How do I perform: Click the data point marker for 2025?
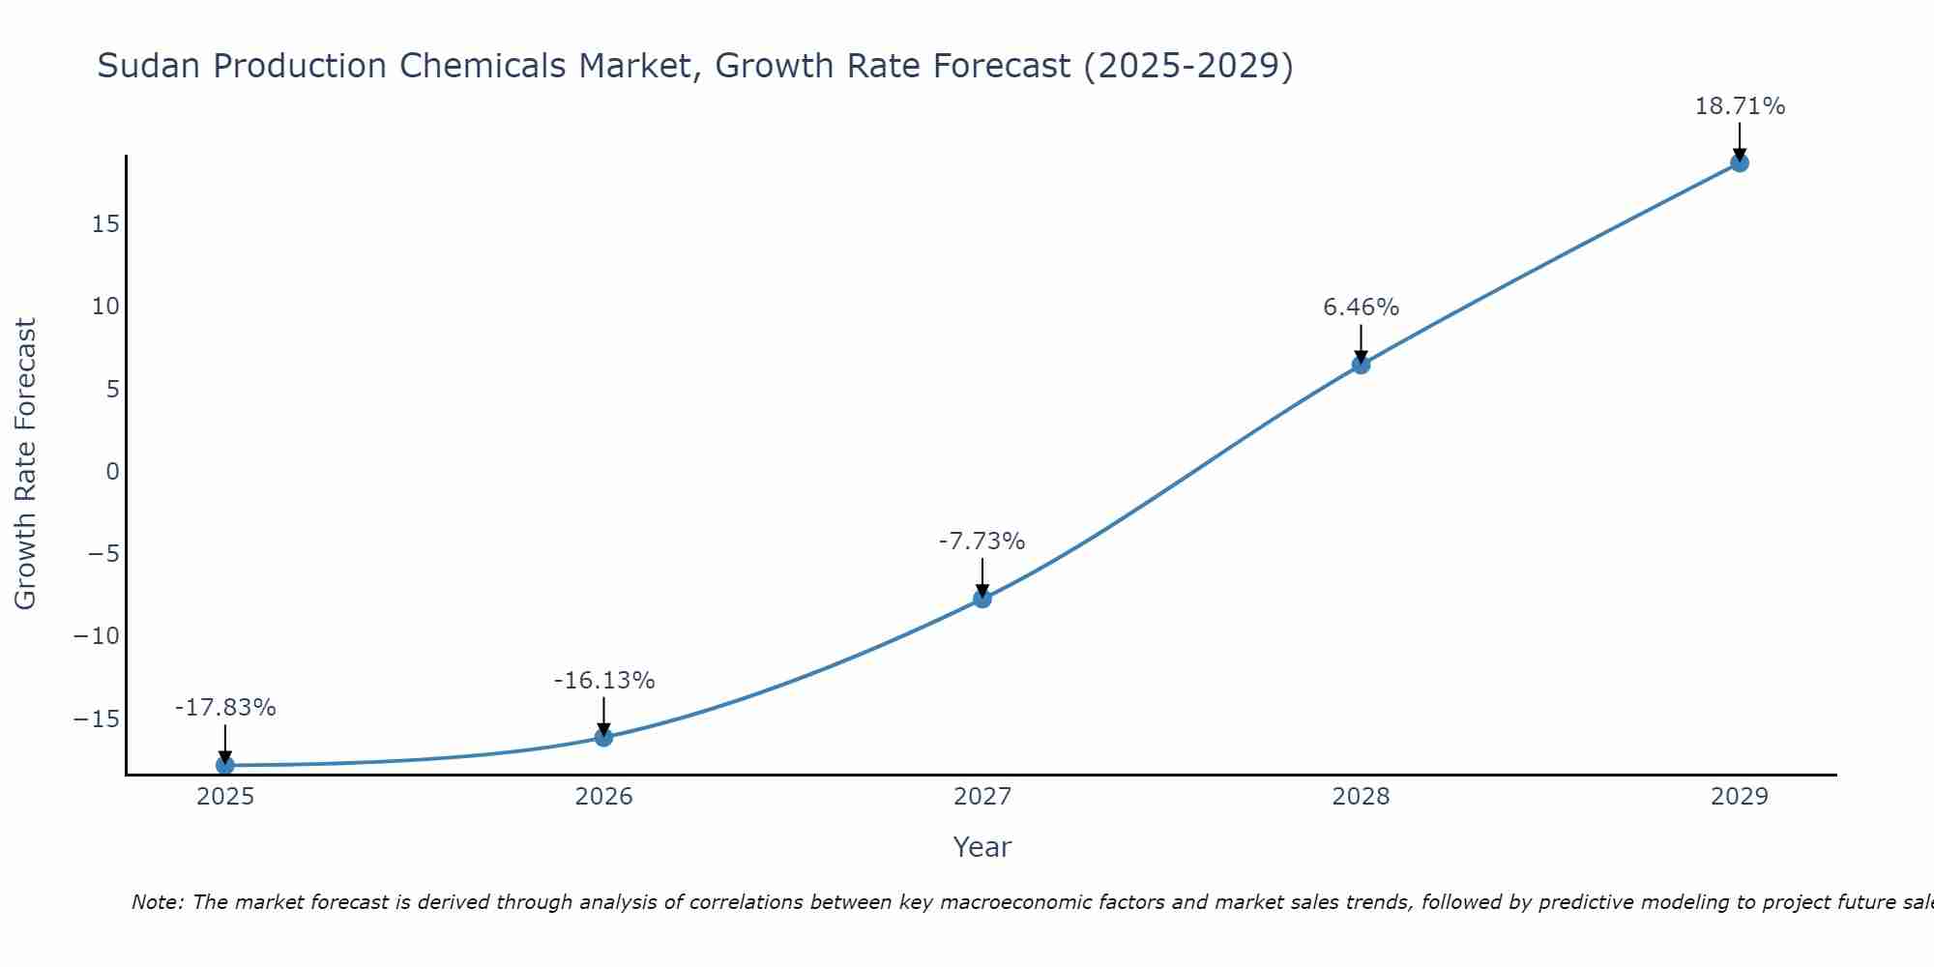(225, 765)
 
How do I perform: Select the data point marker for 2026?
(603, 737)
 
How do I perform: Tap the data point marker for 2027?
(982, 599)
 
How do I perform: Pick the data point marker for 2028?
(1361, 365)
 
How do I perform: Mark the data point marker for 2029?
(1740, 162)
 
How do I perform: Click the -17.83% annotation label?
(225, 708)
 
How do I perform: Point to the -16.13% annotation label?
(603, 681)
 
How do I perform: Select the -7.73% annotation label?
(982, 542)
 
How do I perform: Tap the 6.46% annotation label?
(1361, 308)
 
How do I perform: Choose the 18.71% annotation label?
(1740, 106)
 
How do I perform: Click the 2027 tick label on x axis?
(982, 797)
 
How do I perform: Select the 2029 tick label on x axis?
(1740, 797)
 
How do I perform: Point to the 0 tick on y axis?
(113, 472)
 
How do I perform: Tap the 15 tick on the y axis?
(106, 224)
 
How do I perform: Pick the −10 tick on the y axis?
(97, 636)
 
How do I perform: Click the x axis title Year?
(982, 847)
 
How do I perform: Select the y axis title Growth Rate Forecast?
(25, 464)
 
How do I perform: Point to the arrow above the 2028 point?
(1361, 342)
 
